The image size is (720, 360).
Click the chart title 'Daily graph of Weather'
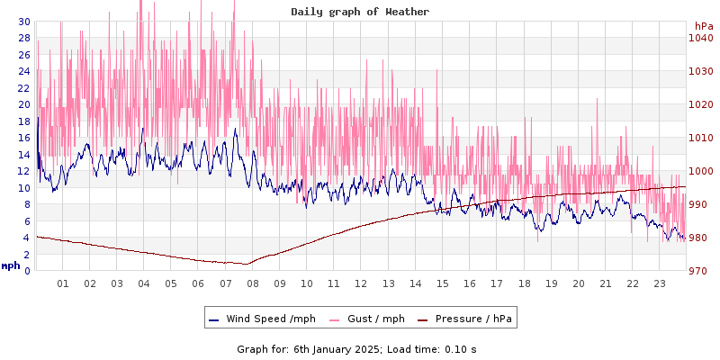[x=360, y=12]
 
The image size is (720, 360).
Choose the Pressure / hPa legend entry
[x=473, y=319]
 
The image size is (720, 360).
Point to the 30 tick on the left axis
[x=23, y=22]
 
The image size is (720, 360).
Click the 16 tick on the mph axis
[x=23, y=138]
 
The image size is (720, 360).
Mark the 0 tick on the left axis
[x=26, y=271]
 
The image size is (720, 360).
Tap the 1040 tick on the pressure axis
[x=700, y=38]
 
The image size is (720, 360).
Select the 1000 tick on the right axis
[x=700, y=171]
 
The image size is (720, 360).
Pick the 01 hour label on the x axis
[x=63, y=283]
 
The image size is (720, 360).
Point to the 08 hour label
[x=253, y=283]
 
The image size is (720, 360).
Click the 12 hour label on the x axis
[x=361, y=283]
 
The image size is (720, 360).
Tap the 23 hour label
[x=659, y=283]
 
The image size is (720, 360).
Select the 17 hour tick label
[x=496, y=283]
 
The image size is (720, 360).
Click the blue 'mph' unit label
[x=11, y=265]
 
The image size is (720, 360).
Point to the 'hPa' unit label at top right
[x=703, y=26]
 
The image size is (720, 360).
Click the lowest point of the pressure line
[x=245, y=264]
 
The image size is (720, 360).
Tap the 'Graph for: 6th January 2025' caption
[x=310, y=348]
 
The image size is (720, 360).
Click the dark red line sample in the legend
[x=423, y=319]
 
